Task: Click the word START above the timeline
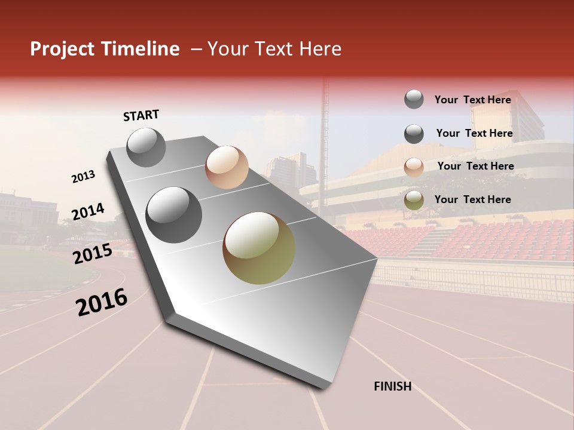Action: point(141,115)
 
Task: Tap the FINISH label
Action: point(392,386)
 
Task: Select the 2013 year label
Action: point(83,177)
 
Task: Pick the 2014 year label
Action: point(88,212)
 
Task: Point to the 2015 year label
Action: point(93,254)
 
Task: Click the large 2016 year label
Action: point(102,302)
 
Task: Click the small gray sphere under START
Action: point(146,147)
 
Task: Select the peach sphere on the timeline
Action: point(227,167)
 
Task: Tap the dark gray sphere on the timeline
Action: point(174,215)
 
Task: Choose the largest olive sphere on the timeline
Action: point(259,248)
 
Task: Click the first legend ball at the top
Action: point(414,100)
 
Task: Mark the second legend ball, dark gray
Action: point(414,134)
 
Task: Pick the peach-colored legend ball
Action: point(414,167)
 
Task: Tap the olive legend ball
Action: point(414,200)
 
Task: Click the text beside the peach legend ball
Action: point(475,166)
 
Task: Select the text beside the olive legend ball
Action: point(472,199)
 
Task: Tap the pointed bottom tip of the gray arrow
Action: point(323,387)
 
